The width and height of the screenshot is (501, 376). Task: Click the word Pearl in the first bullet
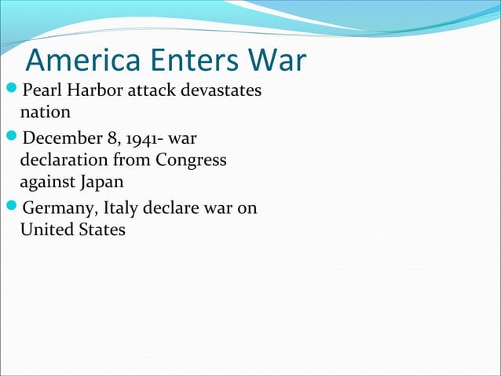click(x=39, y=92)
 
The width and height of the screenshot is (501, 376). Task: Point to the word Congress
click(x=190, y=161)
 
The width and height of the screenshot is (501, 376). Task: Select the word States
click(x=100, y=230)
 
